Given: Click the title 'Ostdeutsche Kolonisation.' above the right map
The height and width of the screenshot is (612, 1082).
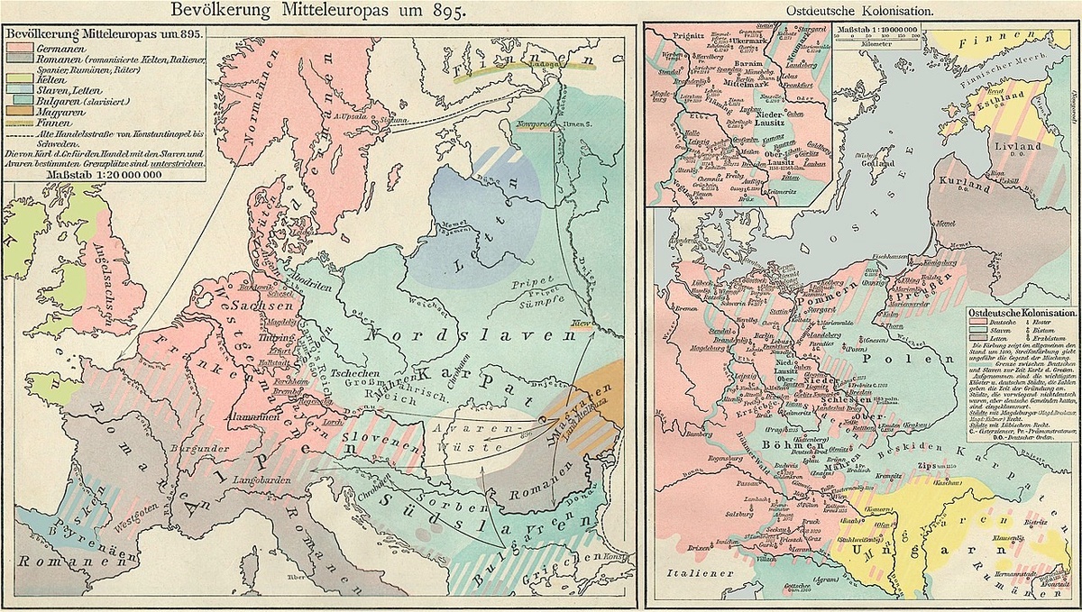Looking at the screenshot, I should tap(863, 11).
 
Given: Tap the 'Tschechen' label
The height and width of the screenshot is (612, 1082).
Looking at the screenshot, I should tap(353, 375).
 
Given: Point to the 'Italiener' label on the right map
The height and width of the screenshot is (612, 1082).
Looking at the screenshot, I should tap(690, 571).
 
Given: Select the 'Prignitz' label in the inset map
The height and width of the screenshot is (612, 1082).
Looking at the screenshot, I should tap(672, 32).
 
